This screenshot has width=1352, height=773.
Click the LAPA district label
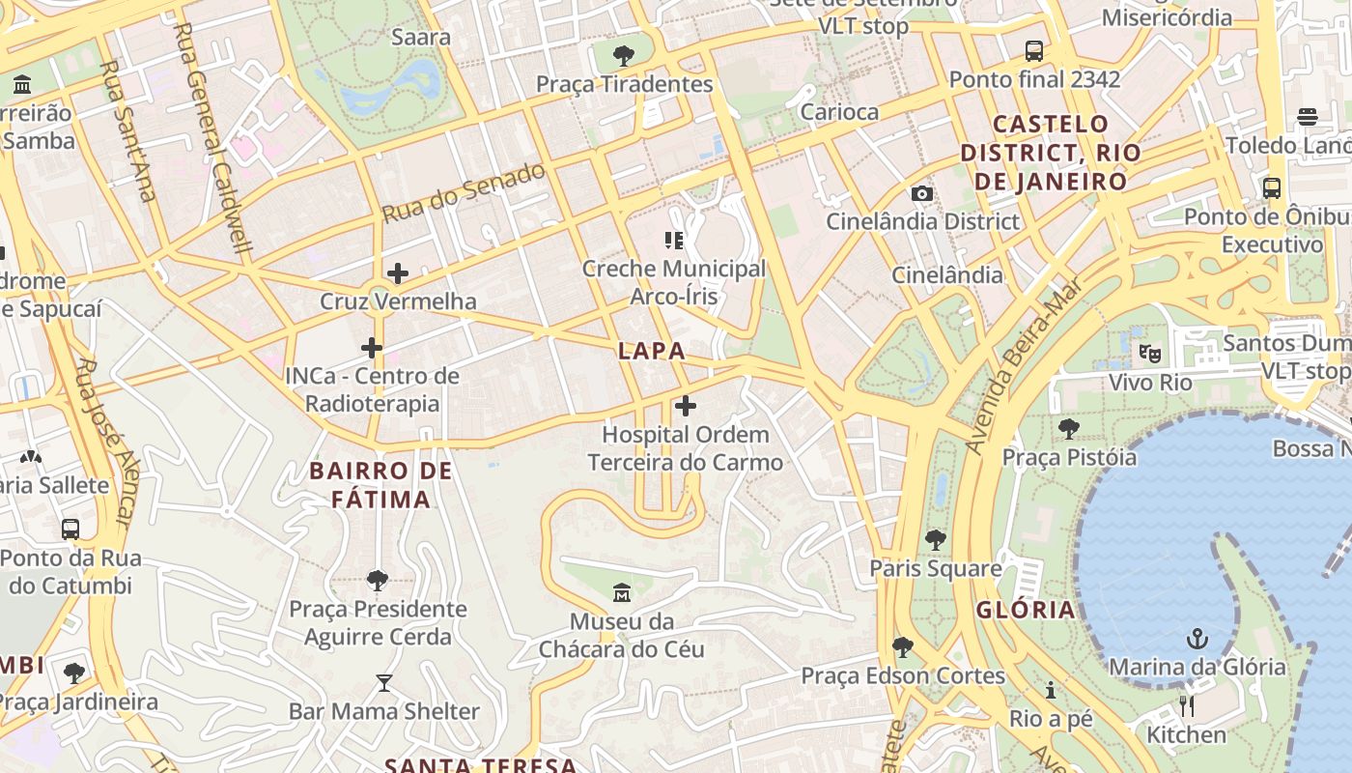pyautogui.click(x=652, y=351)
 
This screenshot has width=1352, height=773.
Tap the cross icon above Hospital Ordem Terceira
pyautogui.click(x=686, y=406)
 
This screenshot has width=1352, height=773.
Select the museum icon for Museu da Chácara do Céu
pyautogui.click(x=622, y=591)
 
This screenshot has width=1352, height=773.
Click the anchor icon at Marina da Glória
pyautogui.click(x=1197, y=639)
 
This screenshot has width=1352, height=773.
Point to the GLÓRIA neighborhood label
pyautogui.click(x=1026, y=610)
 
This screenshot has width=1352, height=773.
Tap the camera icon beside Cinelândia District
pyautogui.click(x=922, y=193)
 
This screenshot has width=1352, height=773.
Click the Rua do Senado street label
pyautogui.click(x=465, y=193)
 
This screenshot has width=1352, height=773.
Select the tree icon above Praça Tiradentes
pyautogui.click(x=624, y=55)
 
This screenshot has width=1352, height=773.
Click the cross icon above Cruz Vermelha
pyautogui.click(x=397, y=273)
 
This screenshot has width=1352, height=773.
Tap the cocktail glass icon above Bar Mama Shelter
pyautogui.click(x=384, y=683)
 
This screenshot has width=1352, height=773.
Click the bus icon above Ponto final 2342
pyautogui.click(x=1034, y=50)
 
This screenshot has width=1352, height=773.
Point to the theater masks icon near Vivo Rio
pyautogui.click(x=1149, y=354)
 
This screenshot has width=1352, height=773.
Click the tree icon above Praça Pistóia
pyautogui.click(x=1069, y=428)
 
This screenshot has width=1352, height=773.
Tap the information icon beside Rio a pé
pyautogui.click(x=1051, y=690)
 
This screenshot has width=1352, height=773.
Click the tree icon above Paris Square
pyautogui.click(x=935, y=540)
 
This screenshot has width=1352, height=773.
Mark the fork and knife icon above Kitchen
pyautogui.click(x=1187, y=706)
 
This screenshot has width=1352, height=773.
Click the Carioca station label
pyautogui.click(x=840, y=112)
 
